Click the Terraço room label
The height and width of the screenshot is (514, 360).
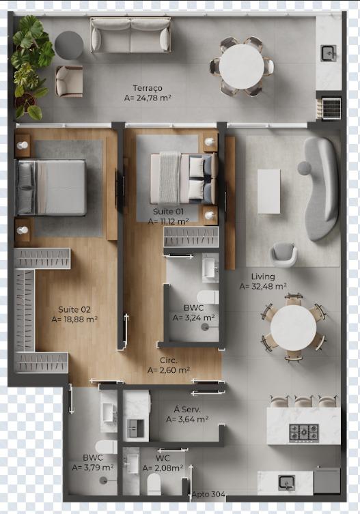click(x=148, y=88)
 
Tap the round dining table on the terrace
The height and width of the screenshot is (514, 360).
click(x=242, y=66)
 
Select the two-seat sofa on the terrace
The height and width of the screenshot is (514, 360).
click(x=130, y=35)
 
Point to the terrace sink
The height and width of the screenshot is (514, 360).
click(x=329, y=53)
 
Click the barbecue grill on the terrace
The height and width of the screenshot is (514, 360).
click(x=330, y=109)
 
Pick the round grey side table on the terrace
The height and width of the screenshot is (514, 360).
click(x=69, y=45)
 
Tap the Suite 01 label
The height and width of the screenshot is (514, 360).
click(x=168, y=212)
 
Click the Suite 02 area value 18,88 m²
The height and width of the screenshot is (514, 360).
click(x=74, y=319)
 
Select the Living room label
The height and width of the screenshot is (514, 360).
click(x=263, y=276)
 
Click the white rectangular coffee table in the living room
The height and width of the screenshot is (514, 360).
click(x=268, y=191)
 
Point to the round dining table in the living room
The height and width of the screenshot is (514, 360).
click(x=293, y=327)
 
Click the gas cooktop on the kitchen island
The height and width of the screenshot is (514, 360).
click(x=304, y=433)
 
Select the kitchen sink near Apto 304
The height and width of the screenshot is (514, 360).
click(x=286, y=483)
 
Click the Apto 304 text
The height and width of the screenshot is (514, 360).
click(x=209, y=494)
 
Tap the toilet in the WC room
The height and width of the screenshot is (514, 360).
click(x=154, y=485)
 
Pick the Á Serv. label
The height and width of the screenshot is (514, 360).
click(x=187, y=410)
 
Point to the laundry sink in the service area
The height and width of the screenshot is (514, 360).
click(x=135, y=429)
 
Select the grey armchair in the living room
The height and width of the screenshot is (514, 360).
click(x=283, y=255)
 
